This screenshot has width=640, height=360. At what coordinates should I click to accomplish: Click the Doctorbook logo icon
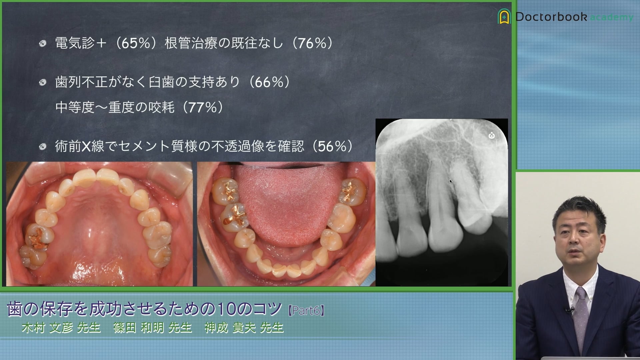[504, 16]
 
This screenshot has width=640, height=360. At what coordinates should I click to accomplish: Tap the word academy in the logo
[612, 17]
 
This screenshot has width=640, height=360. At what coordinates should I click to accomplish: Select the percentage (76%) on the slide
[312, 43]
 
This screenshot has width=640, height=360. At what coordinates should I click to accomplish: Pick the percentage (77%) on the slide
[203, 107]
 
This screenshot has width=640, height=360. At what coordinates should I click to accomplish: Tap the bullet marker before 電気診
[42, 43]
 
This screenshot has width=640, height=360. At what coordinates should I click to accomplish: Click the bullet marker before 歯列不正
[42, 82]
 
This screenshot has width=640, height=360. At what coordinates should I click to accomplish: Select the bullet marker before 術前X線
[42, 147]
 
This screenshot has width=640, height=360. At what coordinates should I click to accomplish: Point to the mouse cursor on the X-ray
[451, 181]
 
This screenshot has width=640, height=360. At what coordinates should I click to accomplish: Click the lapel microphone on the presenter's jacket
[569, 310]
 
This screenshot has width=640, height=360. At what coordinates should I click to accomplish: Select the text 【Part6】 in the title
[306, 311]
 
